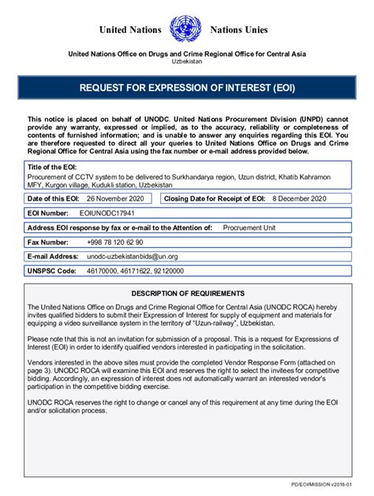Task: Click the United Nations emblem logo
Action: pyautogui.click(x=185, y=29)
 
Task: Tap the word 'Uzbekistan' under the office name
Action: pyautogui.click(x=187, y=61)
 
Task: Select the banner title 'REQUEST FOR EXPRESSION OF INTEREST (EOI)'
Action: pyautogui.click(x=187, y=87)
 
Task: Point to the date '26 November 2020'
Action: pyautogui.click(x=117, y=198)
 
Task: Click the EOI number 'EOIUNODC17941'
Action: pyautogui.click(x=106, y=213)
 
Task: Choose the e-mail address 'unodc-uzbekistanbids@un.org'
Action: pyautogui.click(x=133, y=256)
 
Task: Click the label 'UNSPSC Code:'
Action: pyautogui.click(x=52, y=271)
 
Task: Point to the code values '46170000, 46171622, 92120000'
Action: pyautogui.click(x=130, y=271)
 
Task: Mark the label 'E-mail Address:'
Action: pyautogui.click(x=53, y=256)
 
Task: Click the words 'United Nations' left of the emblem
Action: pyautogui.click(x=129, y=30)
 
